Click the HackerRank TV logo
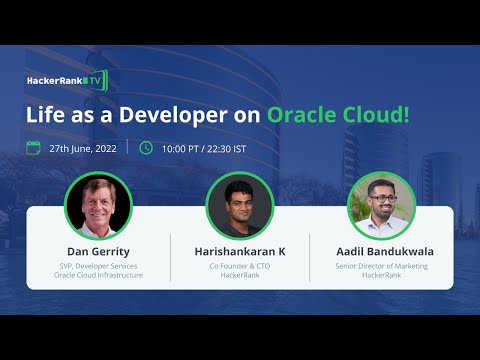[x=66, y=79]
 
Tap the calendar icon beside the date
[x=34, y=148]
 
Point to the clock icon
[x=146, y=148]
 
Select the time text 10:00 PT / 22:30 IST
[x=206, y=148]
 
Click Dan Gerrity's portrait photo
[x=98, y=204]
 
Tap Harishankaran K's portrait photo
[x=240, y=205]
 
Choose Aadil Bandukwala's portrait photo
[x=381, y=205]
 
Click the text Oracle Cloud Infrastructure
[x=98, y=275]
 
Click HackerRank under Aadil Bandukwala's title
[x=381, y=275]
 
